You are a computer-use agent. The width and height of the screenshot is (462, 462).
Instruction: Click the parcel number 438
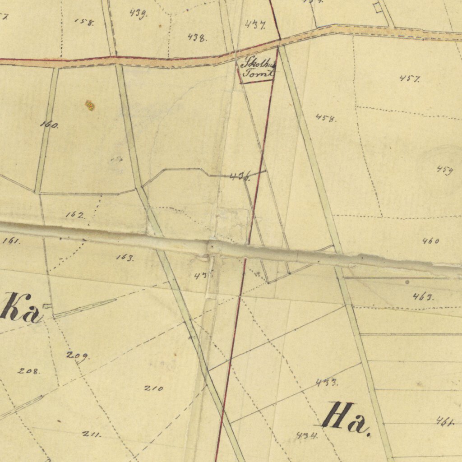coord(197,37)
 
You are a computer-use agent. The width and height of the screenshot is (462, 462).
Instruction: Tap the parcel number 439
coord(138,13)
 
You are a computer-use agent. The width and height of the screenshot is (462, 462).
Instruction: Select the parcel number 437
coord(255,25)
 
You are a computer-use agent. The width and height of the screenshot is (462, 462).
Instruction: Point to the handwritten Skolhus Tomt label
coord(258,68)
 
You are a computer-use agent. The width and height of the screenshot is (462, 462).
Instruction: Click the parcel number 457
coord(410,79)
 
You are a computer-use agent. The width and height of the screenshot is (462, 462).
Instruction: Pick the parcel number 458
coord(326,118)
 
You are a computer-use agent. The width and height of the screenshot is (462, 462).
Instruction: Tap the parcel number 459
coord(444,170)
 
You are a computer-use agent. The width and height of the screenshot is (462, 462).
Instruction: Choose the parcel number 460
coord(431,241)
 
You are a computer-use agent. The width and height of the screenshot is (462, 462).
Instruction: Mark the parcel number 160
coord(49,125)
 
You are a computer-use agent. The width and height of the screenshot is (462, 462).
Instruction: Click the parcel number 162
coord(75,215)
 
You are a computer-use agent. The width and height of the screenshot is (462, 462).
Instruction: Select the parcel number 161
coord(11,241)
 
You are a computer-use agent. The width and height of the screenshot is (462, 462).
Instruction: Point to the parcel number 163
coord(125,258)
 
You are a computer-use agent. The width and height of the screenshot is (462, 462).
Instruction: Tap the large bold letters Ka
coord(20,308)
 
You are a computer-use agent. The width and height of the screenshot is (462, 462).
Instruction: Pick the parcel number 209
coord(78,356)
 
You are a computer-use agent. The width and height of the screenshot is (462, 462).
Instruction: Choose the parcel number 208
coord(29,371)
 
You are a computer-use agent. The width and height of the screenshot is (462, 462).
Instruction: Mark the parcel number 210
coord(153,388)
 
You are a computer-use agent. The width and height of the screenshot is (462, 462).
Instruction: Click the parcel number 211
coord(92,434)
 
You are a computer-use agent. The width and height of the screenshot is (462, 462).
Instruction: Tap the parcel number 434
coord(307,436)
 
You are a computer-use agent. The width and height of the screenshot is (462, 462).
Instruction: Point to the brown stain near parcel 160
coord(90,106)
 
